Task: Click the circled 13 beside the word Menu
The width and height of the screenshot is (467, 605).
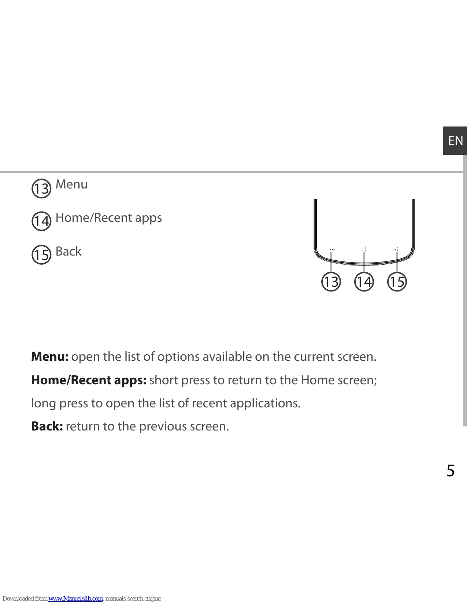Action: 41,188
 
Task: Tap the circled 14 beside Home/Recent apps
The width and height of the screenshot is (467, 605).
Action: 41,221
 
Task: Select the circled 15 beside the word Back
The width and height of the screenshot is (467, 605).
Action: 41,254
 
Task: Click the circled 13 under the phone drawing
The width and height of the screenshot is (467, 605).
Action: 331,282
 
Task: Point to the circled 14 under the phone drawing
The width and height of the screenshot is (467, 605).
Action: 364,282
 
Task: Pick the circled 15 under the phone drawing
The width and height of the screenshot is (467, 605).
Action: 397,282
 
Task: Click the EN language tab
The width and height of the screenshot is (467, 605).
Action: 455,140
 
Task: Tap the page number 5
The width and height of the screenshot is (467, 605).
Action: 450,470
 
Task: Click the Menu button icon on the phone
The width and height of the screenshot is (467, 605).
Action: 332,249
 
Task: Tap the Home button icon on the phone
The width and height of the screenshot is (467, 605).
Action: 364,249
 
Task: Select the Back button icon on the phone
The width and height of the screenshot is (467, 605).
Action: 397,249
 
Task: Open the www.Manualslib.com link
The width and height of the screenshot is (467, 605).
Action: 75,598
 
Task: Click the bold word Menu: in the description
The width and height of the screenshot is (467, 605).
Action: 50,356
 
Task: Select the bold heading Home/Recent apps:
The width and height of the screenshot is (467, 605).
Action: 89,380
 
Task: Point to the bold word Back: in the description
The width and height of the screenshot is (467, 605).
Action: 47,426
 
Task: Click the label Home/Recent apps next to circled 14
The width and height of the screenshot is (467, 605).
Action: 108,218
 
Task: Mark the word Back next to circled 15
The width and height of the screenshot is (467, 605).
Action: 68,252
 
